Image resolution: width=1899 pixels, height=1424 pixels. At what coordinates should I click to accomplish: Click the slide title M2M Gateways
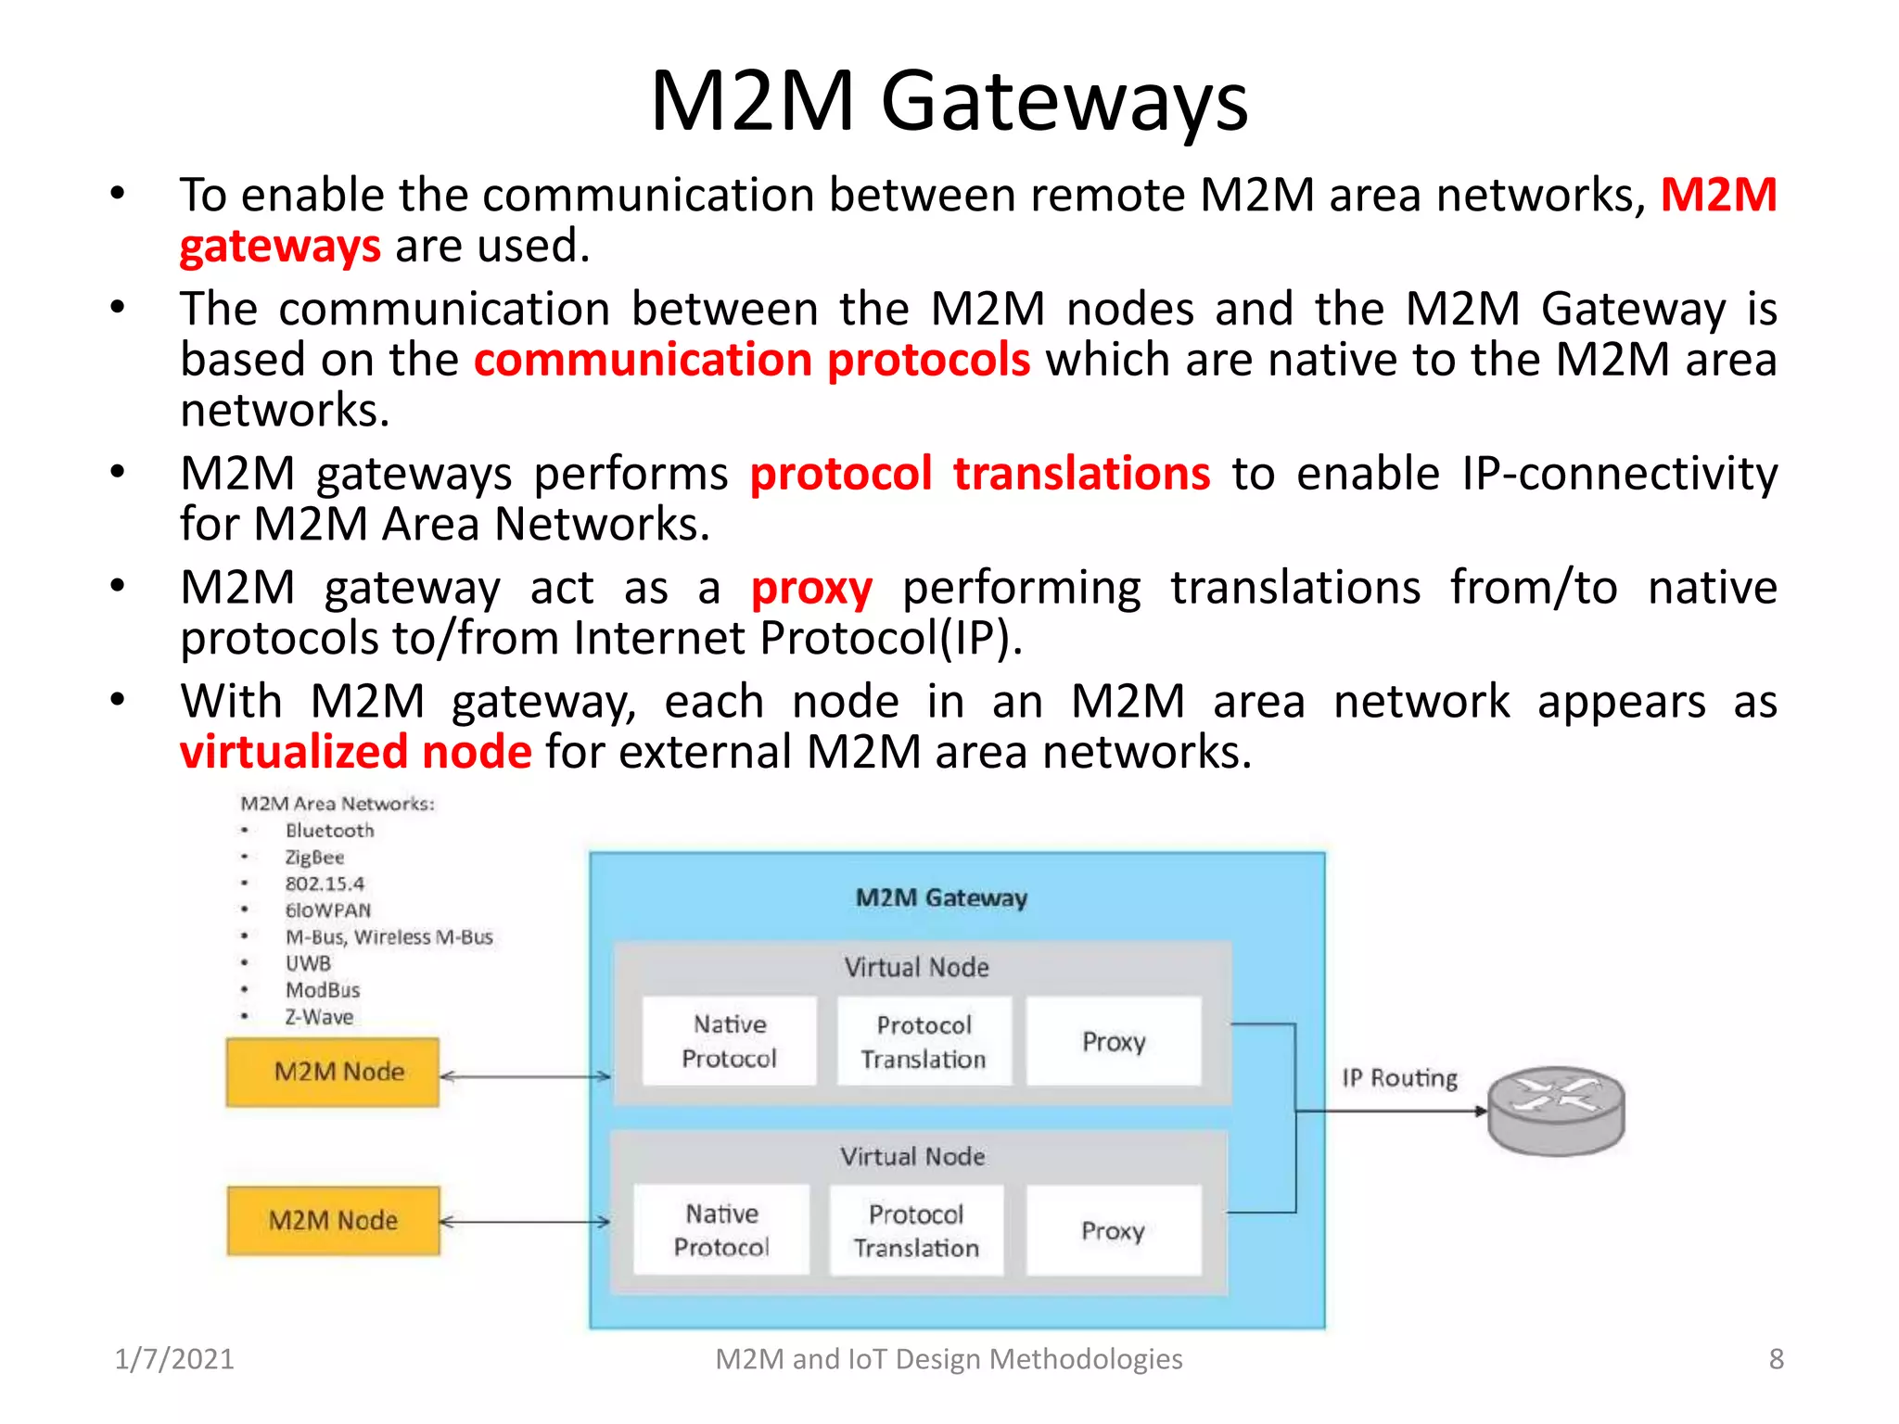[x=949, y=102]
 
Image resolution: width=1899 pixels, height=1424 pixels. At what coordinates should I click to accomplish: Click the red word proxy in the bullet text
[x=811, y=589]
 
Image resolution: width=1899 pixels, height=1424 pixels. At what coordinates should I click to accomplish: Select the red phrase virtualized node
[x=356, y=752]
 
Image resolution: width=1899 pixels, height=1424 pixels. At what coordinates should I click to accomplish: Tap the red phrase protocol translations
[x=979, y=474]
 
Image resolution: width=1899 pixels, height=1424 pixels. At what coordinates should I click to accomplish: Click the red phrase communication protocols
[x=751, y=360]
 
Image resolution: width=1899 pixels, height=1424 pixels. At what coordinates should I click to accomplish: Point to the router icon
[x=1556, y=1110]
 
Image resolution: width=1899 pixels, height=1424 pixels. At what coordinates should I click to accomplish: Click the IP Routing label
[x=1399, y=1077]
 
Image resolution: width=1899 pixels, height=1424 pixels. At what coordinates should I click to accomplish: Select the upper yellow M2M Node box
[x=333, y=1072]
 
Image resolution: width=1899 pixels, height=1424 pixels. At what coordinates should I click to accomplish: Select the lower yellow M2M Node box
[x=333, y=1220]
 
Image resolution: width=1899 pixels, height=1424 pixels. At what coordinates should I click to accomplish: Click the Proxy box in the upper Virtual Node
[x=1114, y=1041]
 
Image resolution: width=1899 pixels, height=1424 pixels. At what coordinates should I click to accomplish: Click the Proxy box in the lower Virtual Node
[x=1114, y=1230]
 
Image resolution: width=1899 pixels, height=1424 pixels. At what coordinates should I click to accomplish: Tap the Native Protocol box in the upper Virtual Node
[x=730, y=1041]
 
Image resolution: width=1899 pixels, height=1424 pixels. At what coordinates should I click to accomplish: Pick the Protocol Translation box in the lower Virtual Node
[x=916, y=1230]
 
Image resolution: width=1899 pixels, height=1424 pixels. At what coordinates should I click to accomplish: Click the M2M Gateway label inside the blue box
[x=941, y=897]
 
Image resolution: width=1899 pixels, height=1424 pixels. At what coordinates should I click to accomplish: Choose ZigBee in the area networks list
[x=314, y=858]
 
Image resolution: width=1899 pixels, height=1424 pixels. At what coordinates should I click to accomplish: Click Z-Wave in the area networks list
[x=319, y=1017]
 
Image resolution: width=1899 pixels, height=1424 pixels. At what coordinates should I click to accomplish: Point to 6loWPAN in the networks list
[x=327, y=910]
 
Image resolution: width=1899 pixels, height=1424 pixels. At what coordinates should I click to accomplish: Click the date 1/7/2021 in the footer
[x=174, y=1359]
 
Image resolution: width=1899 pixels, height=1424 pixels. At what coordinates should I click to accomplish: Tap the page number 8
[x=1776, y=1359]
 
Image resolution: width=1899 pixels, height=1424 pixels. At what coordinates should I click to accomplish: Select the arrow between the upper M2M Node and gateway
[x=525, y=1076]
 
